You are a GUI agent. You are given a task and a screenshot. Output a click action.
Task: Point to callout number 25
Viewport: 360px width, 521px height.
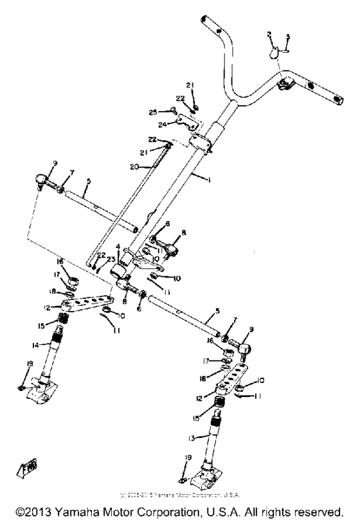pos(153,112)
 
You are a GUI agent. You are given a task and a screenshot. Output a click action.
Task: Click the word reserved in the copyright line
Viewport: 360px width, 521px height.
pos(317,513)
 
